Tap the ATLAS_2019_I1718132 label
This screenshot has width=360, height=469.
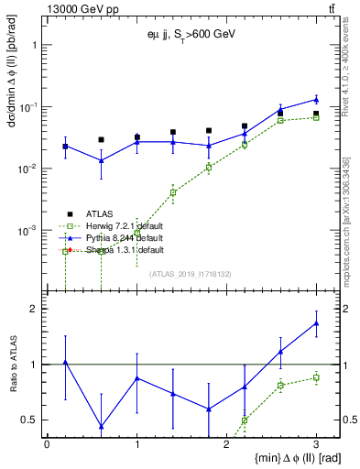[x=189, y=272]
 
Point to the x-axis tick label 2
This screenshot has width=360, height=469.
[x=226, y=443]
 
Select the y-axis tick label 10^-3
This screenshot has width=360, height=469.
[x=29, y=230]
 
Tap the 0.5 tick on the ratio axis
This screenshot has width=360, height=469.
[x=33, y=420]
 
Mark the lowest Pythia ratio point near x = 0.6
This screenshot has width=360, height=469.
[x=101, y=427]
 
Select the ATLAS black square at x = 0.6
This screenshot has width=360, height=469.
[x=101, y=140]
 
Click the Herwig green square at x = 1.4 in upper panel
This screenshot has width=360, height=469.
[x=172, y=192]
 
